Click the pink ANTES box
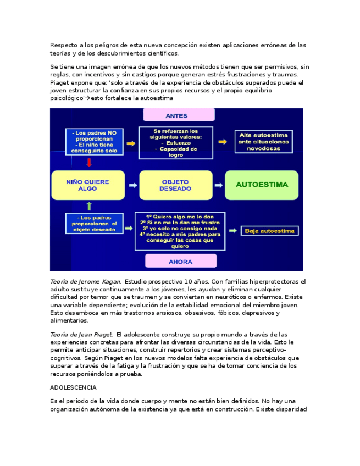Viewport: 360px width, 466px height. click(179, 115)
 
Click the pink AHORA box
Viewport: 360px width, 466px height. click(180, 262)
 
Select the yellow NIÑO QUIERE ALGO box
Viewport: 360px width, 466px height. click(87, 185)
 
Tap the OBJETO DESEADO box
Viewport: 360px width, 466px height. click(175, 185)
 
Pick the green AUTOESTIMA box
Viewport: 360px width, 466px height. click(262, 185)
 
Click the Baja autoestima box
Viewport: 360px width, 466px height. click(269, 231)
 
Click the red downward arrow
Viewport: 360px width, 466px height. click(89, 163)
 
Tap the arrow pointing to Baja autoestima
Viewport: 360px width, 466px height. click(232, 231)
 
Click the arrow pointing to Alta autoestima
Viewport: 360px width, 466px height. click(223, 142)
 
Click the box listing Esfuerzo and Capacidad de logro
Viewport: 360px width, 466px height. click(175, 143)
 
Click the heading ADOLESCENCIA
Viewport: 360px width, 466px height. click(73, 387)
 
